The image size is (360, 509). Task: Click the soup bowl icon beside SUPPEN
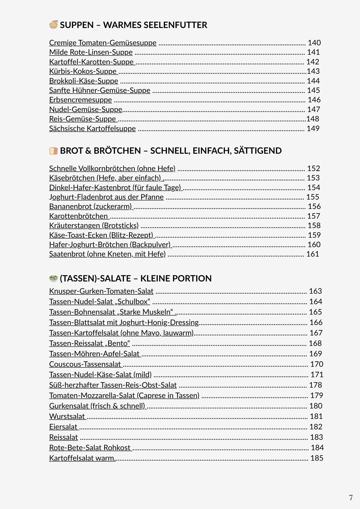(53, 25)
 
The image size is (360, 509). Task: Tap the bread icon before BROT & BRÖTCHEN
(53, 151)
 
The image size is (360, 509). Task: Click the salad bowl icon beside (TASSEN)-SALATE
(53, 278)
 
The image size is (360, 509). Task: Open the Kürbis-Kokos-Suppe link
(83, 71)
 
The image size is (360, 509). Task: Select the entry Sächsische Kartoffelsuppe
(92, 129)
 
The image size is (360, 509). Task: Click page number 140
(314, 43)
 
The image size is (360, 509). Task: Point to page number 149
(313, 129)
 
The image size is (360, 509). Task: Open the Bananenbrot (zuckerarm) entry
(90, 206)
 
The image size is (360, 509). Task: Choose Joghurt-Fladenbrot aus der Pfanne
(106, 197)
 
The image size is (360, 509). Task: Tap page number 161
(313, 254)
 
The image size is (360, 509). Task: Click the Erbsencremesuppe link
(80, 100)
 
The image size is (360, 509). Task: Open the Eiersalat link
(63, 427)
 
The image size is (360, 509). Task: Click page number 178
(315, 385)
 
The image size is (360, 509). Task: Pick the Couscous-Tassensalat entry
(85, 364)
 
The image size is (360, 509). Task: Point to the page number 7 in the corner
(351, 498)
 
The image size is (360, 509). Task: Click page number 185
(317, 458)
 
